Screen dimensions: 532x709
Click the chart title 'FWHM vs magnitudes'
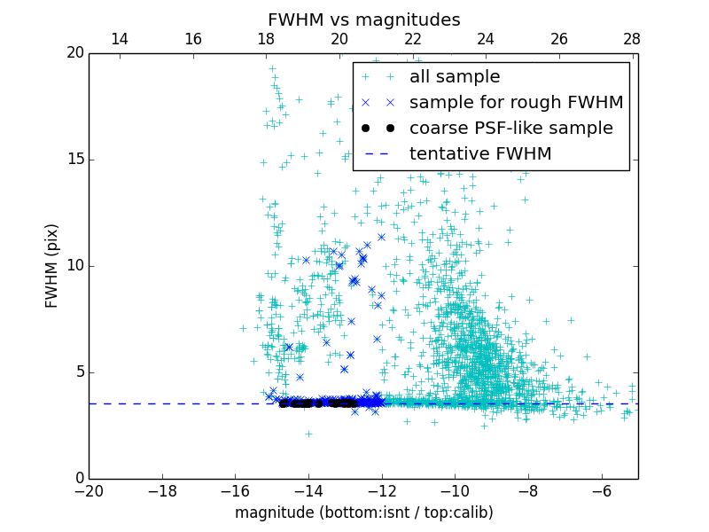[363, 20]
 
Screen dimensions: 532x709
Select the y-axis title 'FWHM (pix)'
[52, 266]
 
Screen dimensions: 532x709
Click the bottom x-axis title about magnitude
[363, 512]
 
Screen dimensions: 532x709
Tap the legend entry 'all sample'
[454, 77]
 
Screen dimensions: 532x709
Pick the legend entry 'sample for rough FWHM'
[516, 103]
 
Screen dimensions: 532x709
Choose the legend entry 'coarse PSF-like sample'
[510, 129]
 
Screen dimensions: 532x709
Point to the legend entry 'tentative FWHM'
[479, 154]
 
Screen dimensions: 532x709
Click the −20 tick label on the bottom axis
[89, 491]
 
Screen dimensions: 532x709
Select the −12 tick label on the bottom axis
[382, 491]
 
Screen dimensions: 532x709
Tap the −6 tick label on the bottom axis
[602, 491]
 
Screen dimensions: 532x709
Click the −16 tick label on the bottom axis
[235, 491]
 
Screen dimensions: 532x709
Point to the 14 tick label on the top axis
[119, 39]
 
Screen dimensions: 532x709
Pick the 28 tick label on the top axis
[631, 39]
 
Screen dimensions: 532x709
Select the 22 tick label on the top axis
[412, 39]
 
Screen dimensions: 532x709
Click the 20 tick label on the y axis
[74, 53]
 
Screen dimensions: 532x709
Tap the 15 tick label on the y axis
[74, 160]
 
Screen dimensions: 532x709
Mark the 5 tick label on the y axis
[78, 372]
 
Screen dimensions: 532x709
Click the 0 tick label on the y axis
[78, 479]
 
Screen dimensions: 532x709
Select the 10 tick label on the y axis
[74, 266]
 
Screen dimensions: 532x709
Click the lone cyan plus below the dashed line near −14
[308, 434]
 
